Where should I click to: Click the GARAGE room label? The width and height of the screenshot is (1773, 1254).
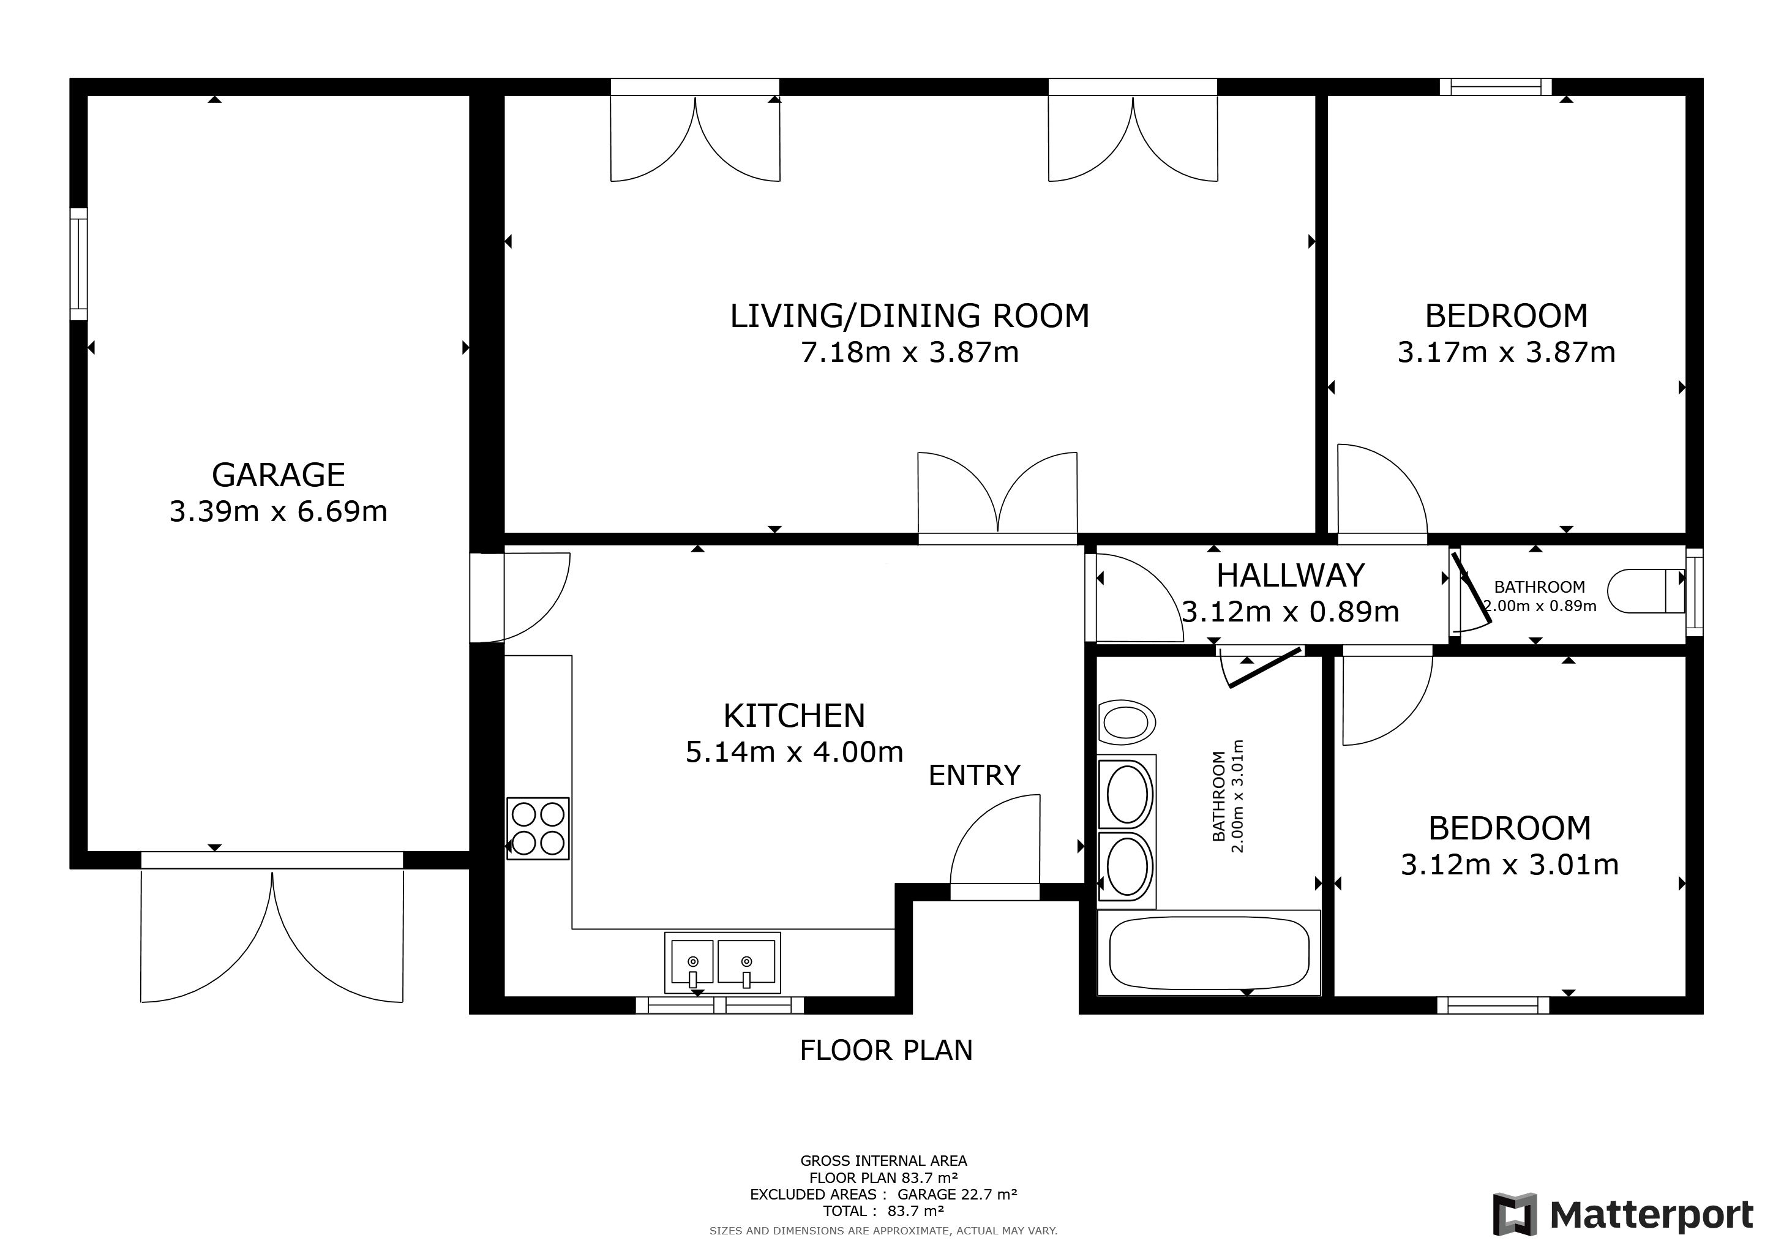pyautogui.click(x=278, y=475)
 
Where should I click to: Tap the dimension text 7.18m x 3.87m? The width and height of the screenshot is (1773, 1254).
pyautogui.click(x=910, y=353)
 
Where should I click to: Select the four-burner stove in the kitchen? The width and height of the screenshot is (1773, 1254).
pyautogui.click(x=538, y=828)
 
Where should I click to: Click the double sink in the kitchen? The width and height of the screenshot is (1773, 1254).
pyautogui.click(x=722, y=962)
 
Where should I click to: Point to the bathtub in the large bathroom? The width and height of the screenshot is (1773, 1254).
pyautogui.click(x=1209, y=953)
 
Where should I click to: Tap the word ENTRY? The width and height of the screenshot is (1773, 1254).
pyautogui.click(x=974, y=775)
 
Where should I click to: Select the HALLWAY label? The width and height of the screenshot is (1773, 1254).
pyautogui.click(x=1291, y=576)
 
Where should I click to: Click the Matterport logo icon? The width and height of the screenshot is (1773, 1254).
pyautogui.click(x=1514, y=1214)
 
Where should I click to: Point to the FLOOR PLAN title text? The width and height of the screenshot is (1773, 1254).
pyautogui.click(x=886, y=1050)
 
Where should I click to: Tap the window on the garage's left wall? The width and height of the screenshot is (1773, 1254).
pyautogui.click(x=79, y=264)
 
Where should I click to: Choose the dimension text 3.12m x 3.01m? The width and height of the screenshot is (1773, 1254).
pyautogui.click(x=1509, y=865)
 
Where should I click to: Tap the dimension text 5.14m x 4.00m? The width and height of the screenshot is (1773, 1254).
pyautogui.click(x=794, y=752)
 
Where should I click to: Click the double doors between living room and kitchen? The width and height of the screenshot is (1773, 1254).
pyautogui.click(x=997, y=498)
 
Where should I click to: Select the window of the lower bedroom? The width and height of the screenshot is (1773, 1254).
pyautogui.click(x=1493, y=1005)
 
